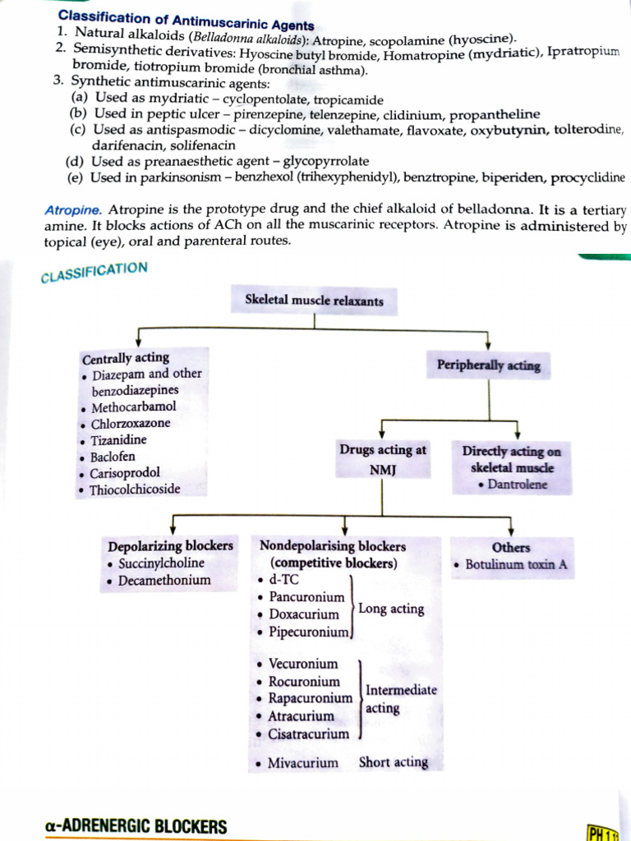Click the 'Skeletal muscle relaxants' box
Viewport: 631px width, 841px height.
click(x=314, y=301)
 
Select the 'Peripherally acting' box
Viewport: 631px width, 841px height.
click(x=489, y=365)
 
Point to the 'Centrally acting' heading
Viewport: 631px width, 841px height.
click(x=126, y=358)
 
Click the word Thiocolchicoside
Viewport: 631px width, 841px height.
click(x=136, y=489)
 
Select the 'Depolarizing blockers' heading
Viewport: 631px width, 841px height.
click(x=170, y=546)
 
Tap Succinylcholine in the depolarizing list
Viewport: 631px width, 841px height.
click(x=161, y=563)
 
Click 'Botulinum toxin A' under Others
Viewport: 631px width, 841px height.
click(x=516, y=565)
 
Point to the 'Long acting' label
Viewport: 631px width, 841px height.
click(x=391, y=609)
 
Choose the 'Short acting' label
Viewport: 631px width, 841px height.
click(x=394, y=762)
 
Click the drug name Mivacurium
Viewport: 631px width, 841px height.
click(x=302, y=763)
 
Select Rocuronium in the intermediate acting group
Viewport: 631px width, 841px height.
click(x=304, y=682)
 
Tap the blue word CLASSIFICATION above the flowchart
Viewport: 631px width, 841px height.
click(x=94, y=272)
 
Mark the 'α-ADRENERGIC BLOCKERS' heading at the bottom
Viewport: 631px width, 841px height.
click(x=136, y=826)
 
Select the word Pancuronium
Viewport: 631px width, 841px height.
click(x=306, y=597)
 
